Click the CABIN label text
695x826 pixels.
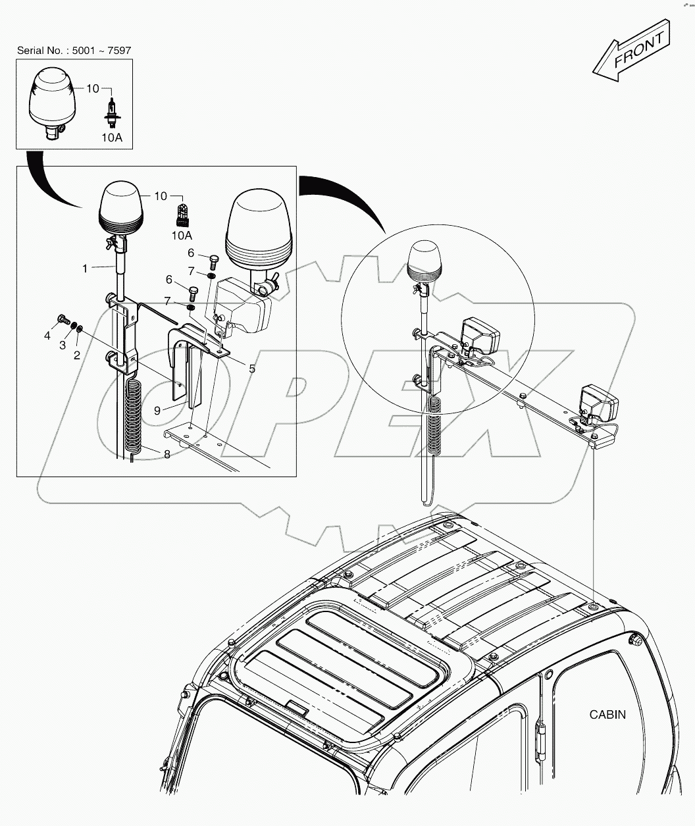pos(607,714)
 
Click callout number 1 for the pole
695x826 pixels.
pos(85,268)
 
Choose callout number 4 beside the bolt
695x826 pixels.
pos(47,336)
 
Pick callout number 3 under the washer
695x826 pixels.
pos(63,346)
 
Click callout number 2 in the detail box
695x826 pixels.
pos(77,355)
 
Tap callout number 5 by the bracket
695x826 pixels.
pos(252,369)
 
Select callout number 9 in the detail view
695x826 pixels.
pos(157,410)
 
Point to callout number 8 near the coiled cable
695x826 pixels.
pos(167,453)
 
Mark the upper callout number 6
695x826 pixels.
pos(190,253)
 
